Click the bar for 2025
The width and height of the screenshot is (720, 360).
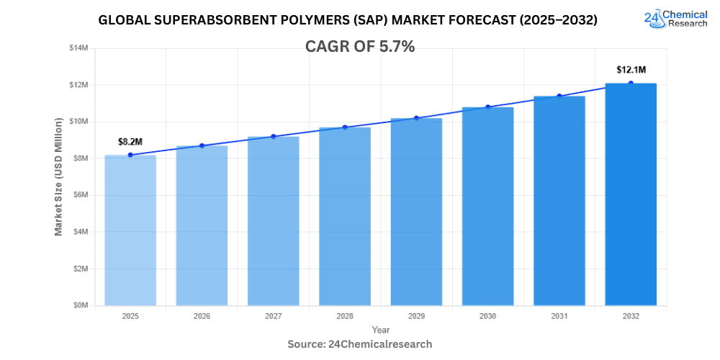pyautogui.click(x=130, y=230)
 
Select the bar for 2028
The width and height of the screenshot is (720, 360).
pyautogui.click(x=345, y=216)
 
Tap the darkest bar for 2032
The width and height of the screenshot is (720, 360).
pyautogui.click(x=631, y=194)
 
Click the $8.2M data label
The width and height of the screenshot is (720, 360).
pyautogui.click(x=130, y=142)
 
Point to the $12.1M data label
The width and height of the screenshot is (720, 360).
pyautogui.click(x=631, y=70)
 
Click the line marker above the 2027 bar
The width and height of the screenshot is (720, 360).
pyautogui.click(x=274, y=136)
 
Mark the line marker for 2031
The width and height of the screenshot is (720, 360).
pyautogui.click(x=559, y=96)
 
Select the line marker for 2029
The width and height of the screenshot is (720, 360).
pyautogui.click(x=416, y=118)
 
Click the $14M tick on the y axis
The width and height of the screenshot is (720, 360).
pyautogui.click(x=78, y=48)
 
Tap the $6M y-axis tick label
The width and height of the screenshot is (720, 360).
pyautogui.click(x=79, y=195)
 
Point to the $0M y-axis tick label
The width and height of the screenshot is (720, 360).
pyautogui.click(x=79, y=305)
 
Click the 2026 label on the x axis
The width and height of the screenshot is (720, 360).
pyautogui.click(x=202, y=316)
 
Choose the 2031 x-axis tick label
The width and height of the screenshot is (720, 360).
pyautogui.click(x=559, y=316)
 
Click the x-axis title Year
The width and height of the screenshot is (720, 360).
pyautogui.click(x=381, y=330)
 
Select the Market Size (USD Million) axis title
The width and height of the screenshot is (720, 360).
pyautogui.click(x=58, y=176)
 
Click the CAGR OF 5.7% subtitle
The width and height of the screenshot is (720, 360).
pyautogui.click(x=360, y=46)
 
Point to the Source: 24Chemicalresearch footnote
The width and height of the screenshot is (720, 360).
pyautogui.click(x=360, y=344)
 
